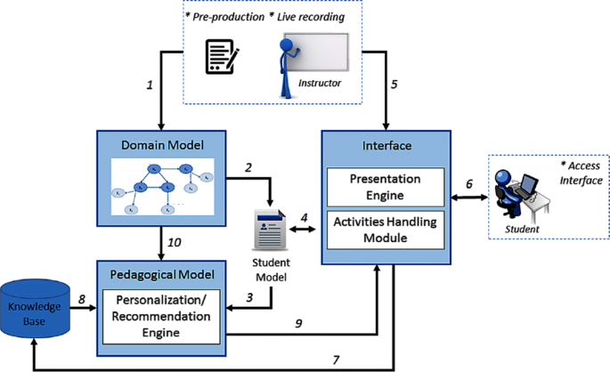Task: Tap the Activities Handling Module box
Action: click(386, 228)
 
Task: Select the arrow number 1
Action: click(150, 87)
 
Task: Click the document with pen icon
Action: click(223, 56)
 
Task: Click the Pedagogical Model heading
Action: click(159, 274)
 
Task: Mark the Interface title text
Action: click(386, 143)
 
